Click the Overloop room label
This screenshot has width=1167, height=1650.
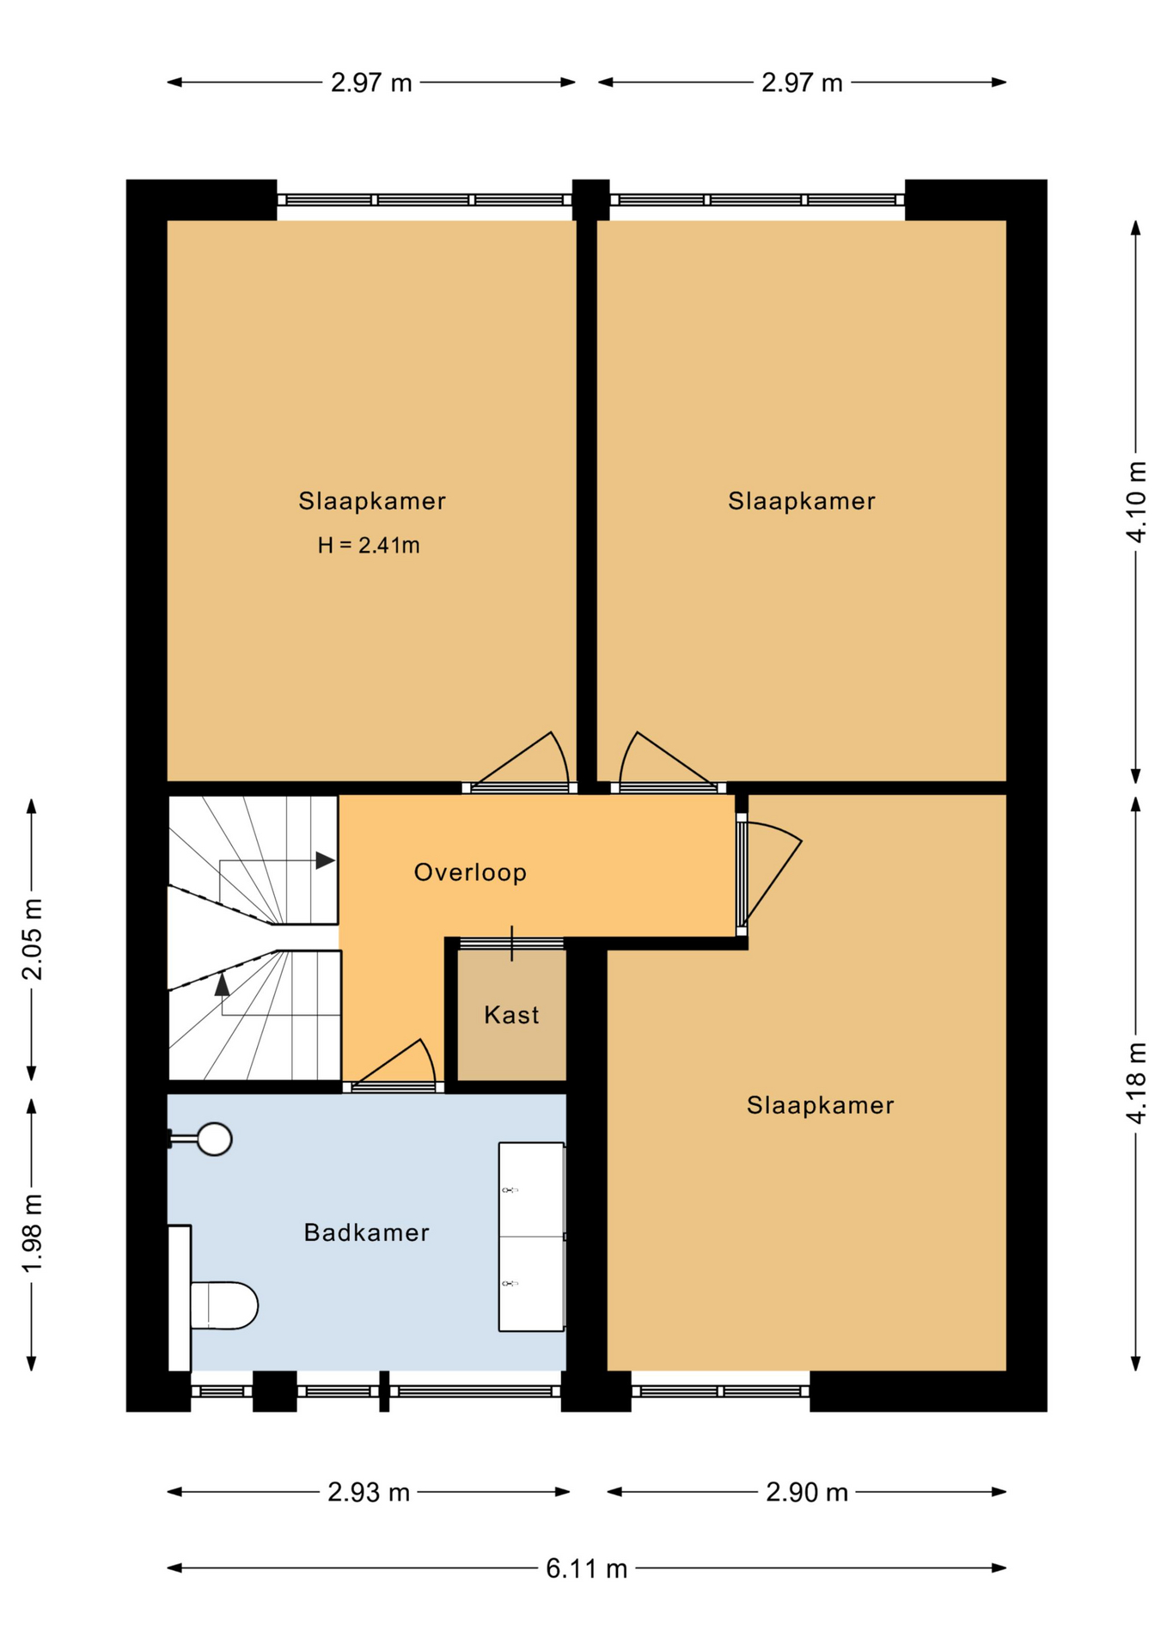click(470, 872)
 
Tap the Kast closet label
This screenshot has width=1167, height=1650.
click(511, 1015)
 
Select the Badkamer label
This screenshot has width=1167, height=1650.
click(366, 1232)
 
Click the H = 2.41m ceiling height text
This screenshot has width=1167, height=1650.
click(369, 545)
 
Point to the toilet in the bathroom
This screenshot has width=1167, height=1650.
click(223, 1305)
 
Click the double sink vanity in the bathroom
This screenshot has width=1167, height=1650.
click(532, 1237)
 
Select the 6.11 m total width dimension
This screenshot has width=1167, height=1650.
click(587, 1568)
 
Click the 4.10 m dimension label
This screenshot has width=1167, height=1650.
click(1136, 502)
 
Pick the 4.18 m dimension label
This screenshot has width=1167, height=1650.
click(1136, 1083)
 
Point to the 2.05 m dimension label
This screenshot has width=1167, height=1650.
click(32, 939)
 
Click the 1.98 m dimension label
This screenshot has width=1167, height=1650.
click(32, 1234)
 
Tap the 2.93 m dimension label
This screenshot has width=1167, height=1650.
click(369, 1492)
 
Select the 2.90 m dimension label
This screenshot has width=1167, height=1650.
click(807, 1492)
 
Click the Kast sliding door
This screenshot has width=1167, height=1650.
click(511, 943)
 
